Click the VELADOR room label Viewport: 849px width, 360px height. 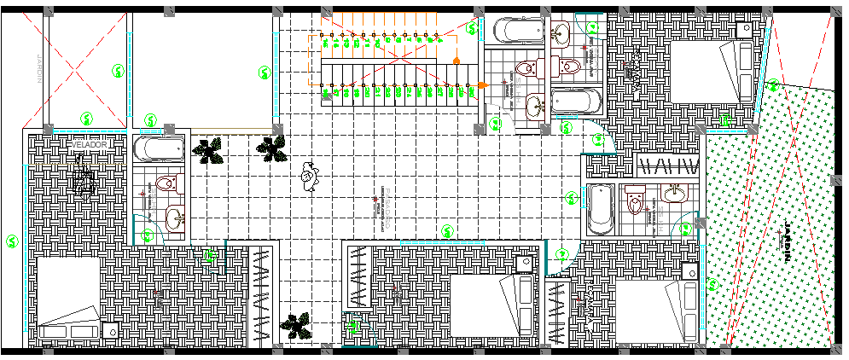click(88, 145)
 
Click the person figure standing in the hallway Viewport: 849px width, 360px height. click(308, 177)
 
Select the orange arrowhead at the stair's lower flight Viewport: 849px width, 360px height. click(482, 84)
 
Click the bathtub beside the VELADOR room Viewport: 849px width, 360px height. click(159, 149)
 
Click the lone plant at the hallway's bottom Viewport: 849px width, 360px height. click(296, 324)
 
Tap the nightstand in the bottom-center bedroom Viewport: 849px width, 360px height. click(524, 262)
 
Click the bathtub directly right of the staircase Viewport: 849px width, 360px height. click(519, 31)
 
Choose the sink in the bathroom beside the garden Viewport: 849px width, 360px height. click(674, 194)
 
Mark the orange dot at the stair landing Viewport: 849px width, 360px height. click(457, 60)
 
